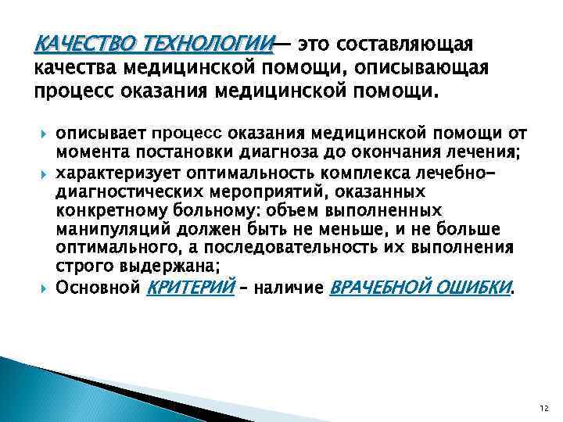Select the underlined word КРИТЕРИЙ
191,288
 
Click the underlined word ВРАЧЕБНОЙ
380,288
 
